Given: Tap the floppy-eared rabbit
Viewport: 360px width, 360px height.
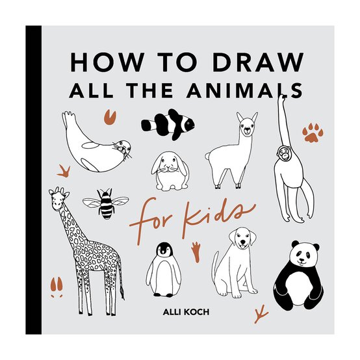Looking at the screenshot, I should pos(170,170).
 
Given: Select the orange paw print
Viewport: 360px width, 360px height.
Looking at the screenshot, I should pos(313,134).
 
